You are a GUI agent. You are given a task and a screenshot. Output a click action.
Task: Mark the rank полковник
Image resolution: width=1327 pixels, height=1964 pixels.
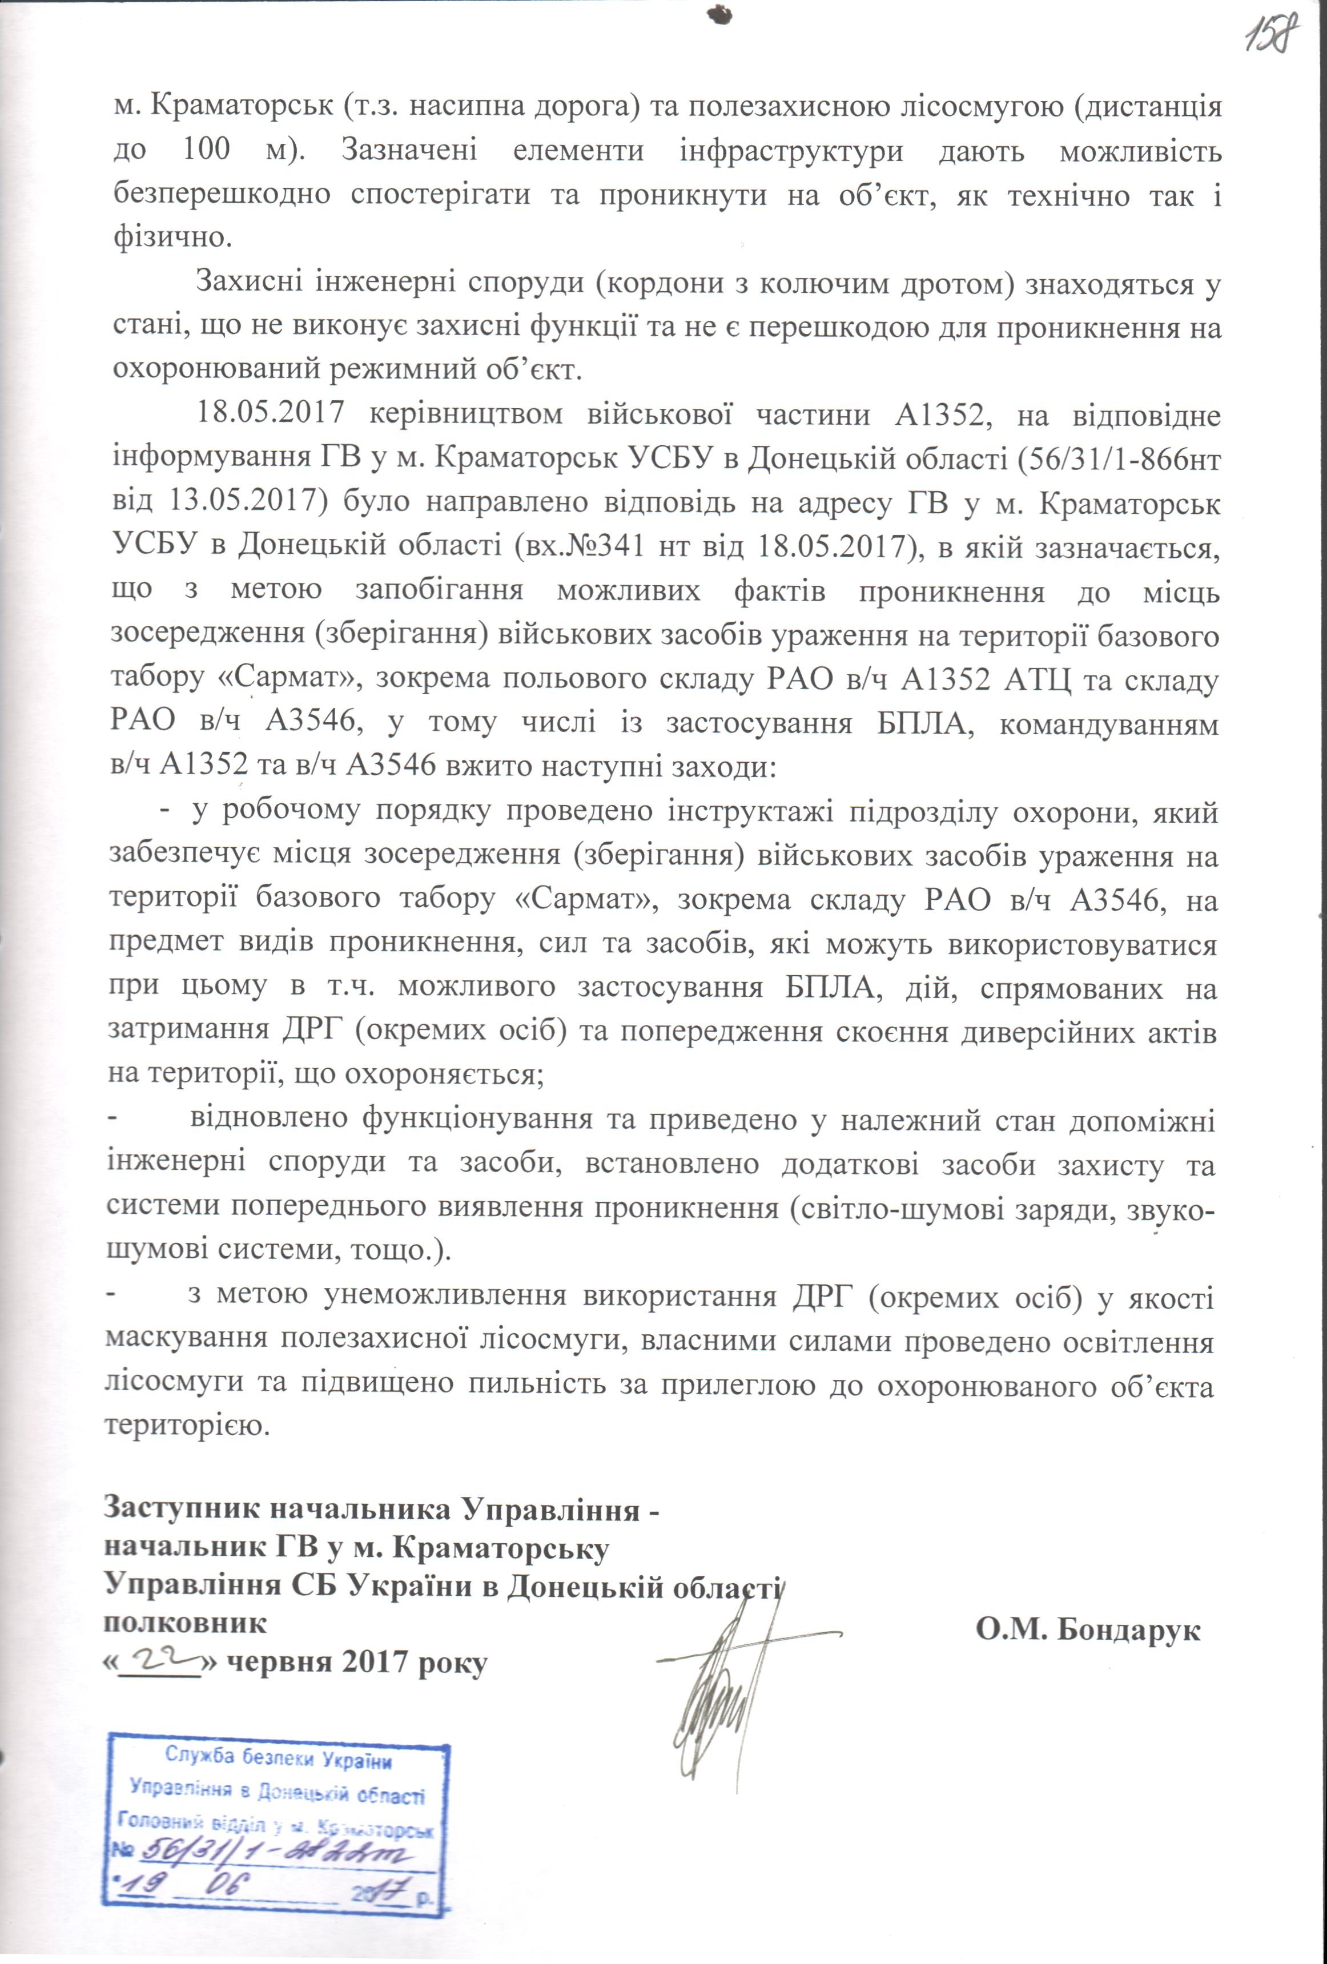tap(185, 1623)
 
